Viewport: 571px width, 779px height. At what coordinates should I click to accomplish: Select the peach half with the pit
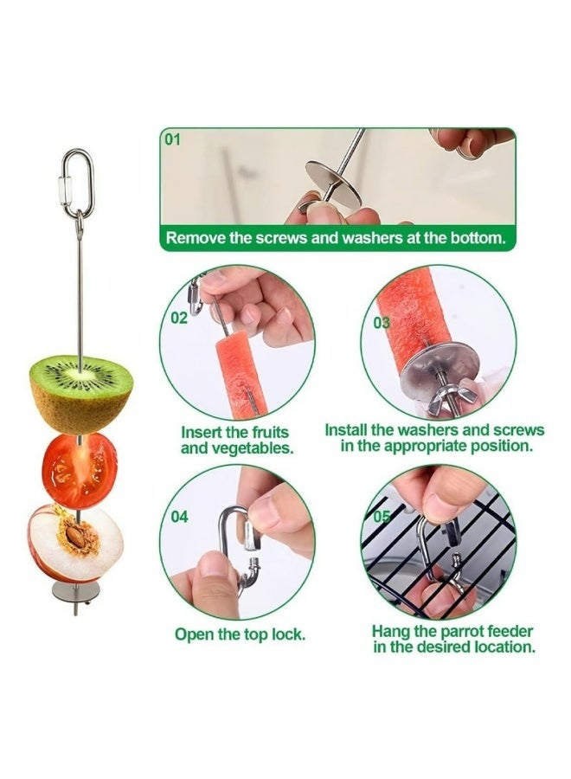[75, 544]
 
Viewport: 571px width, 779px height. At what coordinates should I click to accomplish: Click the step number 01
[172, 139]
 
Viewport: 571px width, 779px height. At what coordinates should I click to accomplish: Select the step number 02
[179, 318]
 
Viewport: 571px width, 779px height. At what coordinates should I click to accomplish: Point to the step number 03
[382, 323]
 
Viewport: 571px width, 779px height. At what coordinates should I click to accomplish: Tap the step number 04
[179, 518]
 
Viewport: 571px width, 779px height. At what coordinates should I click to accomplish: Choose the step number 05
[382, 517]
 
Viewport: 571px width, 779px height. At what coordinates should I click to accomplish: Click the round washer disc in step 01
[333, 183]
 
